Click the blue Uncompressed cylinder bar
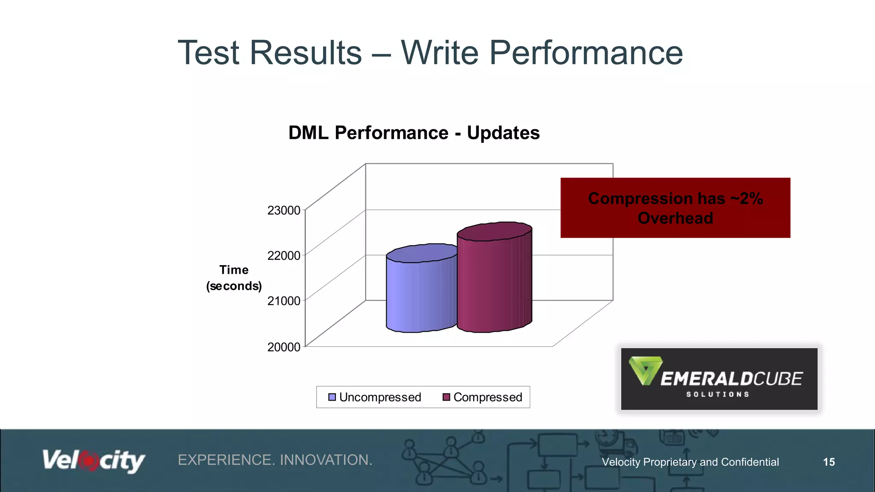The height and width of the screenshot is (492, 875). (421, 295)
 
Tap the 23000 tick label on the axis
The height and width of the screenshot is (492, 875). (284, 211)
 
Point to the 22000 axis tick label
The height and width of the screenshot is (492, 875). (284, 256)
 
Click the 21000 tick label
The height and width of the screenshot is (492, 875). (284, 301)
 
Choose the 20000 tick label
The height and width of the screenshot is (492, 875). (284, 347)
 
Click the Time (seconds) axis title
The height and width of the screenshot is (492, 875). (234, 278)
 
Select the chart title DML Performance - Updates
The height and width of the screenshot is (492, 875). (414, 133)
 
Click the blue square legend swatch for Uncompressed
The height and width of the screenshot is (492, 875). (332, 397)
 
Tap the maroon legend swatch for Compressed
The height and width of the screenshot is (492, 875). (446, 397)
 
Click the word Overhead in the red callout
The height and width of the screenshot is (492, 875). (675, 218)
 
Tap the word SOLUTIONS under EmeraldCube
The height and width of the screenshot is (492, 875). (718, 395)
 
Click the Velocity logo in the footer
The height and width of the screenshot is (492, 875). (94, 461)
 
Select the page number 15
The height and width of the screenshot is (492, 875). (829, 462)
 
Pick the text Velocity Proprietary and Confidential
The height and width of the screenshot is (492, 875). (690, 462)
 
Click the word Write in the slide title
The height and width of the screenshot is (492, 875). (440, 53)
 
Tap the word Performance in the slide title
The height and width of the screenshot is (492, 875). (586, 53)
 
